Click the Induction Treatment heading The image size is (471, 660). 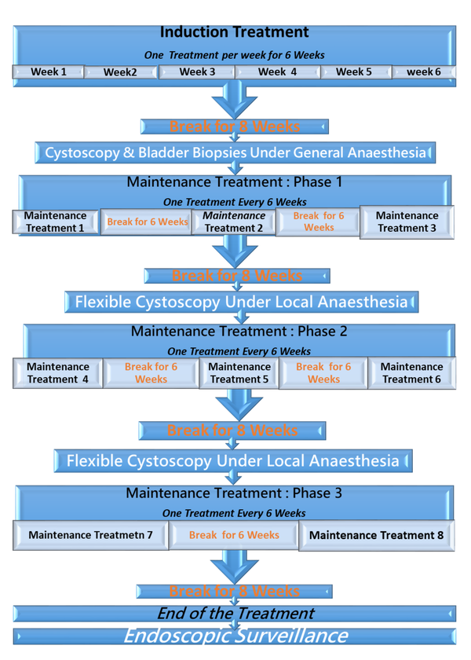point(234,33)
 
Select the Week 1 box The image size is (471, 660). point(49,72)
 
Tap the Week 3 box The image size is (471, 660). point(197,72)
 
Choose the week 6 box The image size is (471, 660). point(423,72)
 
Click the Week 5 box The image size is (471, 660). point(354,72)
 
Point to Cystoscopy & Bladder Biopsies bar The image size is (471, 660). point(235,152)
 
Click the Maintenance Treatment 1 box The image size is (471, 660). point(55,222)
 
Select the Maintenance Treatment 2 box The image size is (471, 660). point(233,222)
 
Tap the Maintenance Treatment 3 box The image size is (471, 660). point(407,222)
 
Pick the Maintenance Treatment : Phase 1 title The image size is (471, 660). point(235,182)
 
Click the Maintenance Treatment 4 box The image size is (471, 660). point(58,372)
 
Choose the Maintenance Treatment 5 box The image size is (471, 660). point(239,372)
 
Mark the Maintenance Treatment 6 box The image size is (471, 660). point(411,372)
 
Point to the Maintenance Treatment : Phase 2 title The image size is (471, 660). point(239,332)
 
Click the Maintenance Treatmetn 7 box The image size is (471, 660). point(90,535)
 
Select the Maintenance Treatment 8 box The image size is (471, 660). point(376,535)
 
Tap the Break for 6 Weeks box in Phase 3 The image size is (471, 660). point(234,535)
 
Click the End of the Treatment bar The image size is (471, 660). point(235,614)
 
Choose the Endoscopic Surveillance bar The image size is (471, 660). point(235,636)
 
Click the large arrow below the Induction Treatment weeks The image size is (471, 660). point(234,98)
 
